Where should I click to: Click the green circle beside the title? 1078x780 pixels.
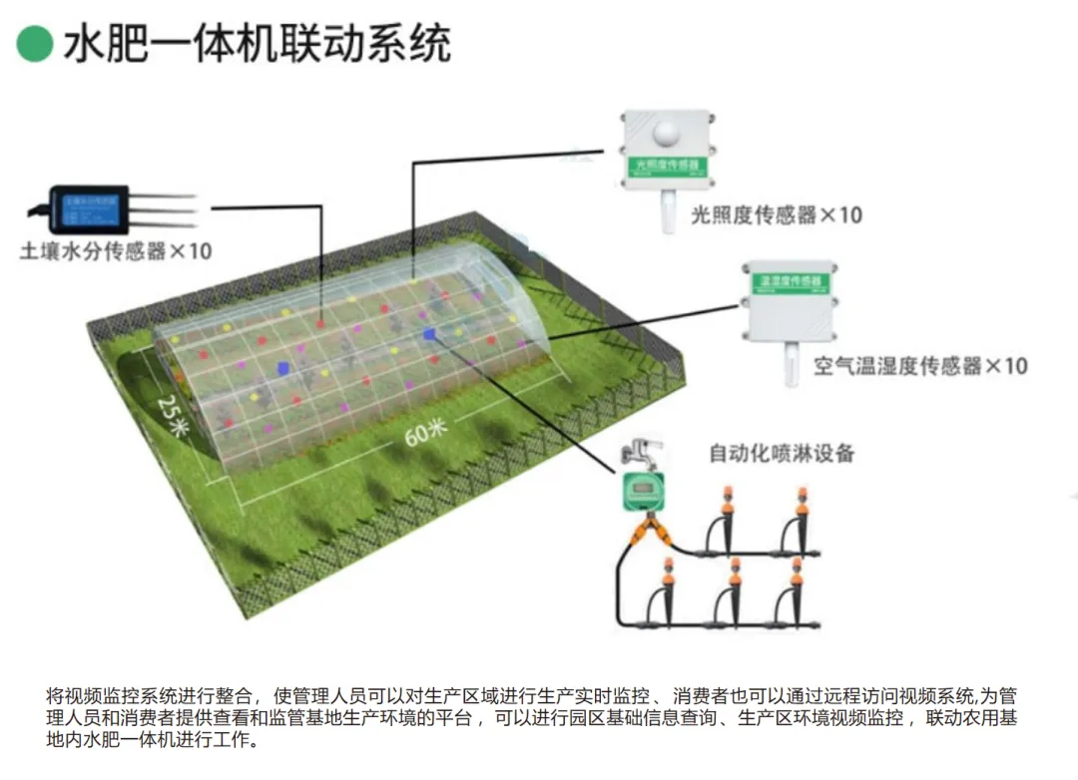pyautogui.click(x=34, y=43)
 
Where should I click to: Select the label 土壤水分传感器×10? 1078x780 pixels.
pyautogui.click(x=116, y=251)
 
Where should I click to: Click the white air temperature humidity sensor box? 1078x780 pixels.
pyautogui.click(x=788, y=298)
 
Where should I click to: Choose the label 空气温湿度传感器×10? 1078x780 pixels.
pyautogui.click(x=919, y=366)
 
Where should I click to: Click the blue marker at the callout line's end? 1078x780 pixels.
pyautogui.click(x=430, y=335)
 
